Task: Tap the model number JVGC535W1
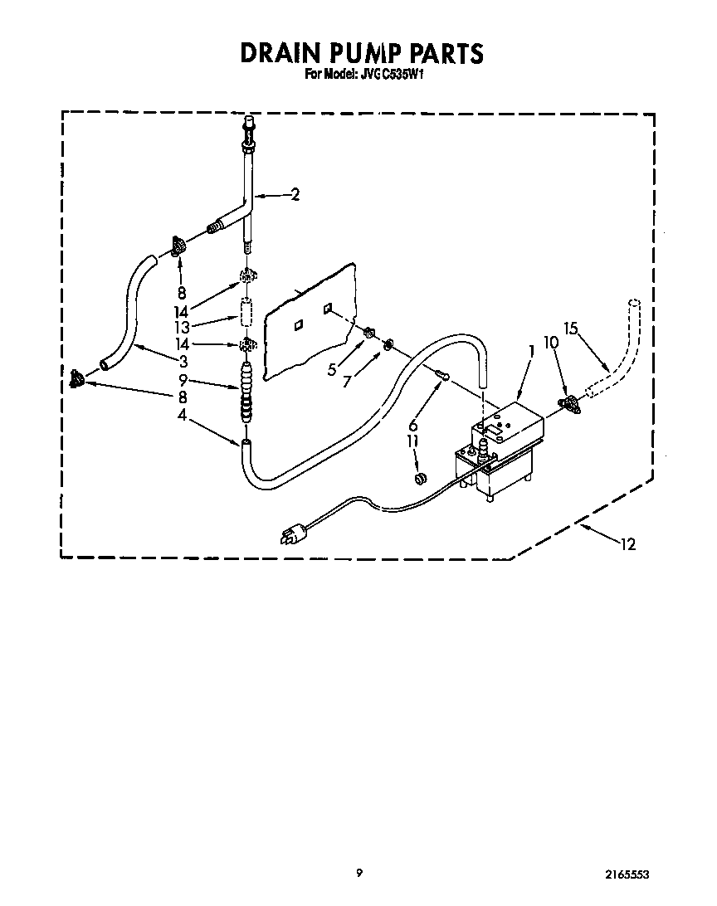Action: [x=389, y=75]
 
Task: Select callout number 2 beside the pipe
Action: [x=295, y=195]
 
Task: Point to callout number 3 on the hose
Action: [x=183, y=361]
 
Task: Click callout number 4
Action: [x=181, y=416]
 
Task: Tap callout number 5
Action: [x=332, y=370]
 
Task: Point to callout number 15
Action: [x=570, y=328]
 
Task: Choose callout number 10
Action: [x=551, y=341]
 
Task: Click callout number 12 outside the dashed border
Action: [x=628, y=544]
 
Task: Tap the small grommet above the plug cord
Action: [x=420, y=478]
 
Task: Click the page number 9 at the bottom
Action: [x=359, y=872]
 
